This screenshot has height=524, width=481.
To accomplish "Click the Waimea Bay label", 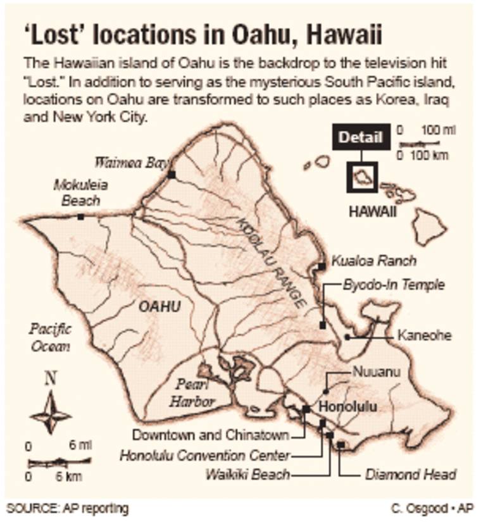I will coord(131,162).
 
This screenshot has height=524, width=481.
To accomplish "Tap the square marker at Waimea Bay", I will coord(172,173).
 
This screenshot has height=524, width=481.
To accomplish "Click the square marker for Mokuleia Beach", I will coord(80,217).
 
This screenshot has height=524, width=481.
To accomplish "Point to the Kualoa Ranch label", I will coord(374,261).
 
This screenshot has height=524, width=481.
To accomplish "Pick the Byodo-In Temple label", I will coord(394,285).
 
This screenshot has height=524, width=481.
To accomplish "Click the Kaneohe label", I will coord(424,335).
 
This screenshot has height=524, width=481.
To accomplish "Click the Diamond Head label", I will coord(411,474).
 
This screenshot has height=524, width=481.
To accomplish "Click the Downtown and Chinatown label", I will coord(211,435).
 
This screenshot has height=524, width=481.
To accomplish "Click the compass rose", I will coord(50,414).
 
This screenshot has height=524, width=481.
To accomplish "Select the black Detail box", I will coord(360,137).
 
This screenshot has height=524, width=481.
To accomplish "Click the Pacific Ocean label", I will coord(50,338).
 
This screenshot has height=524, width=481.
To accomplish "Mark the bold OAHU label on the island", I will coord(159,308).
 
